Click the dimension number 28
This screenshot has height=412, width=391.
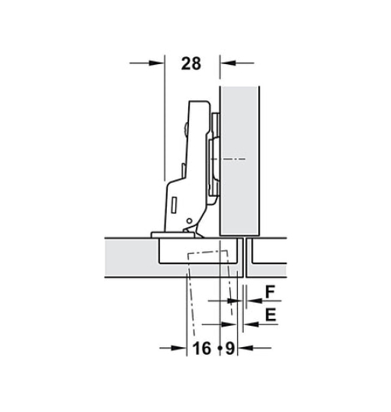[191, 63]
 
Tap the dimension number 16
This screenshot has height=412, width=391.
[201, 348]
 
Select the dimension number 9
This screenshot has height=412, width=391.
[229, 348]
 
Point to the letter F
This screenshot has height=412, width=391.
[270, 292]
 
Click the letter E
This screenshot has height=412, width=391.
[271, 315]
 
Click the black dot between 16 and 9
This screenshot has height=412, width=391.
[220, 349]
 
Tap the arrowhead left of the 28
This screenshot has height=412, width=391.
[156, 63]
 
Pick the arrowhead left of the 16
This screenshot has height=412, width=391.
[178, 348]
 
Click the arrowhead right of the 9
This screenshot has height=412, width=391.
[245, 348]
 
